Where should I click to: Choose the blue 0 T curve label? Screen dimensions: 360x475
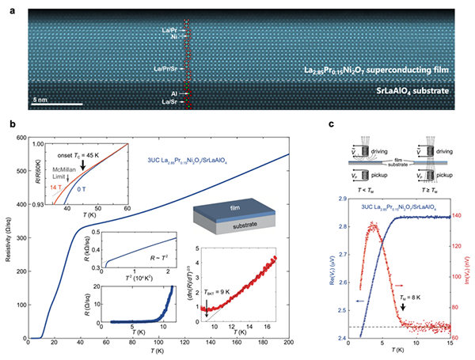86,188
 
